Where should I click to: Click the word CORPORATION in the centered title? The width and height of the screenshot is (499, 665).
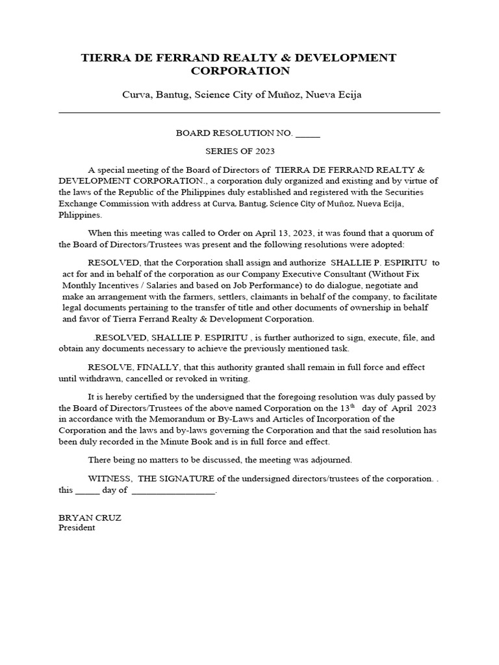[240, 71]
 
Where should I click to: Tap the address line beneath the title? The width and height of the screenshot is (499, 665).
[242, 95]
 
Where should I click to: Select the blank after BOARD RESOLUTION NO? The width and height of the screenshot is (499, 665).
[308, 133]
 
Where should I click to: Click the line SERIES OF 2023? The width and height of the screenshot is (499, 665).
[240, 151]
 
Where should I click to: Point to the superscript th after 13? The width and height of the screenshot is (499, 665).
[353, 405]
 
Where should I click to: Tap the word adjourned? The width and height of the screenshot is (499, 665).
[333, 460]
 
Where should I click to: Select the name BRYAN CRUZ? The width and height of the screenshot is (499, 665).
[81, 518]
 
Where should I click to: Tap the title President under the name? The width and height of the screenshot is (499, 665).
[77, 528]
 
